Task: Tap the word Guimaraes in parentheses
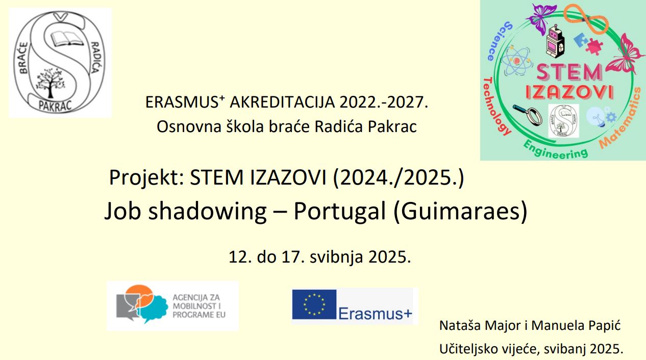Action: point(461,211)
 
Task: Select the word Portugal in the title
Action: point(339,212)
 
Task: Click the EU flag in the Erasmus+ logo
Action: point(314,304)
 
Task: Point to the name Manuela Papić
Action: point(576,326)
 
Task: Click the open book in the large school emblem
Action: point(67,39)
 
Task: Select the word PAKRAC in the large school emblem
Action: point(55,106)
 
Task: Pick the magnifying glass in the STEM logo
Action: point(528,115)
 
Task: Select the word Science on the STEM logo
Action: point(499,41)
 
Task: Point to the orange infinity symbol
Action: point(586,19)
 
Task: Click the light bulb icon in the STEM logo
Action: point(596,117)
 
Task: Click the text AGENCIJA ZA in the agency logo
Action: point(196,297)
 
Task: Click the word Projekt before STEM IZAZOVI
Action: point(146,178)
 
